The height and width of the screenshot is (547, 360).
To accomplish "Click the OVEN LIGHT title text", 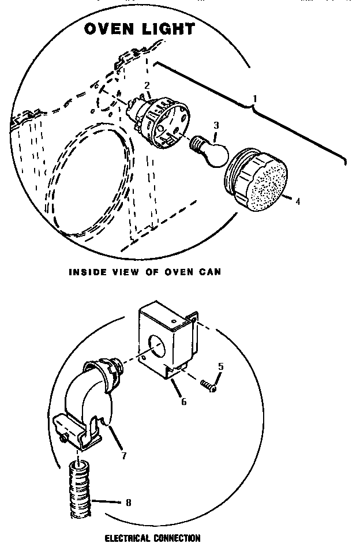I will (140, 29).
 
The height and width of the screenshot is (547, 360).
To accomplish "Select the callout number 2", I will (147, 85).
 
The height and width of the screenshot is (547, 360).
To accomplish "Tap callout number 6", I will (184, 402).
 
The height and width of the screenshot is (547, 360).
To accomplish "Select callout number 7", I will (124, 455).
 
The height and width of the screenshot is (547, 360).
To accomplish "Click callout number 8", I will (127, 503).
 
